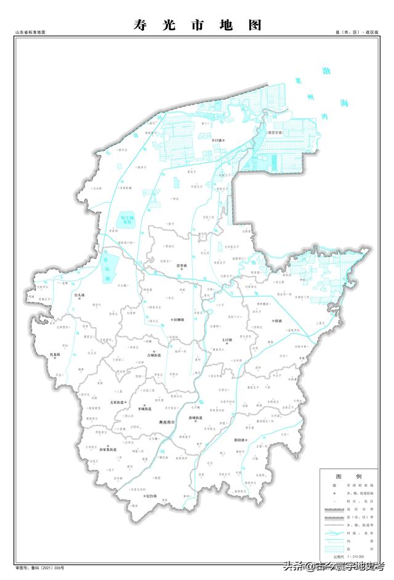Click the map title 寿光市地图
point(197,25)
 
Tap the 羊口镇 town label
point(216,140)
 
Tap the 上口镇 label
point(228,339)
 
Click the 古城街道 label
point(153,356)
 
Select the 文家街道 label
point(118,402)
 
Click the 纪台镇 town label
point(150,496)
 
